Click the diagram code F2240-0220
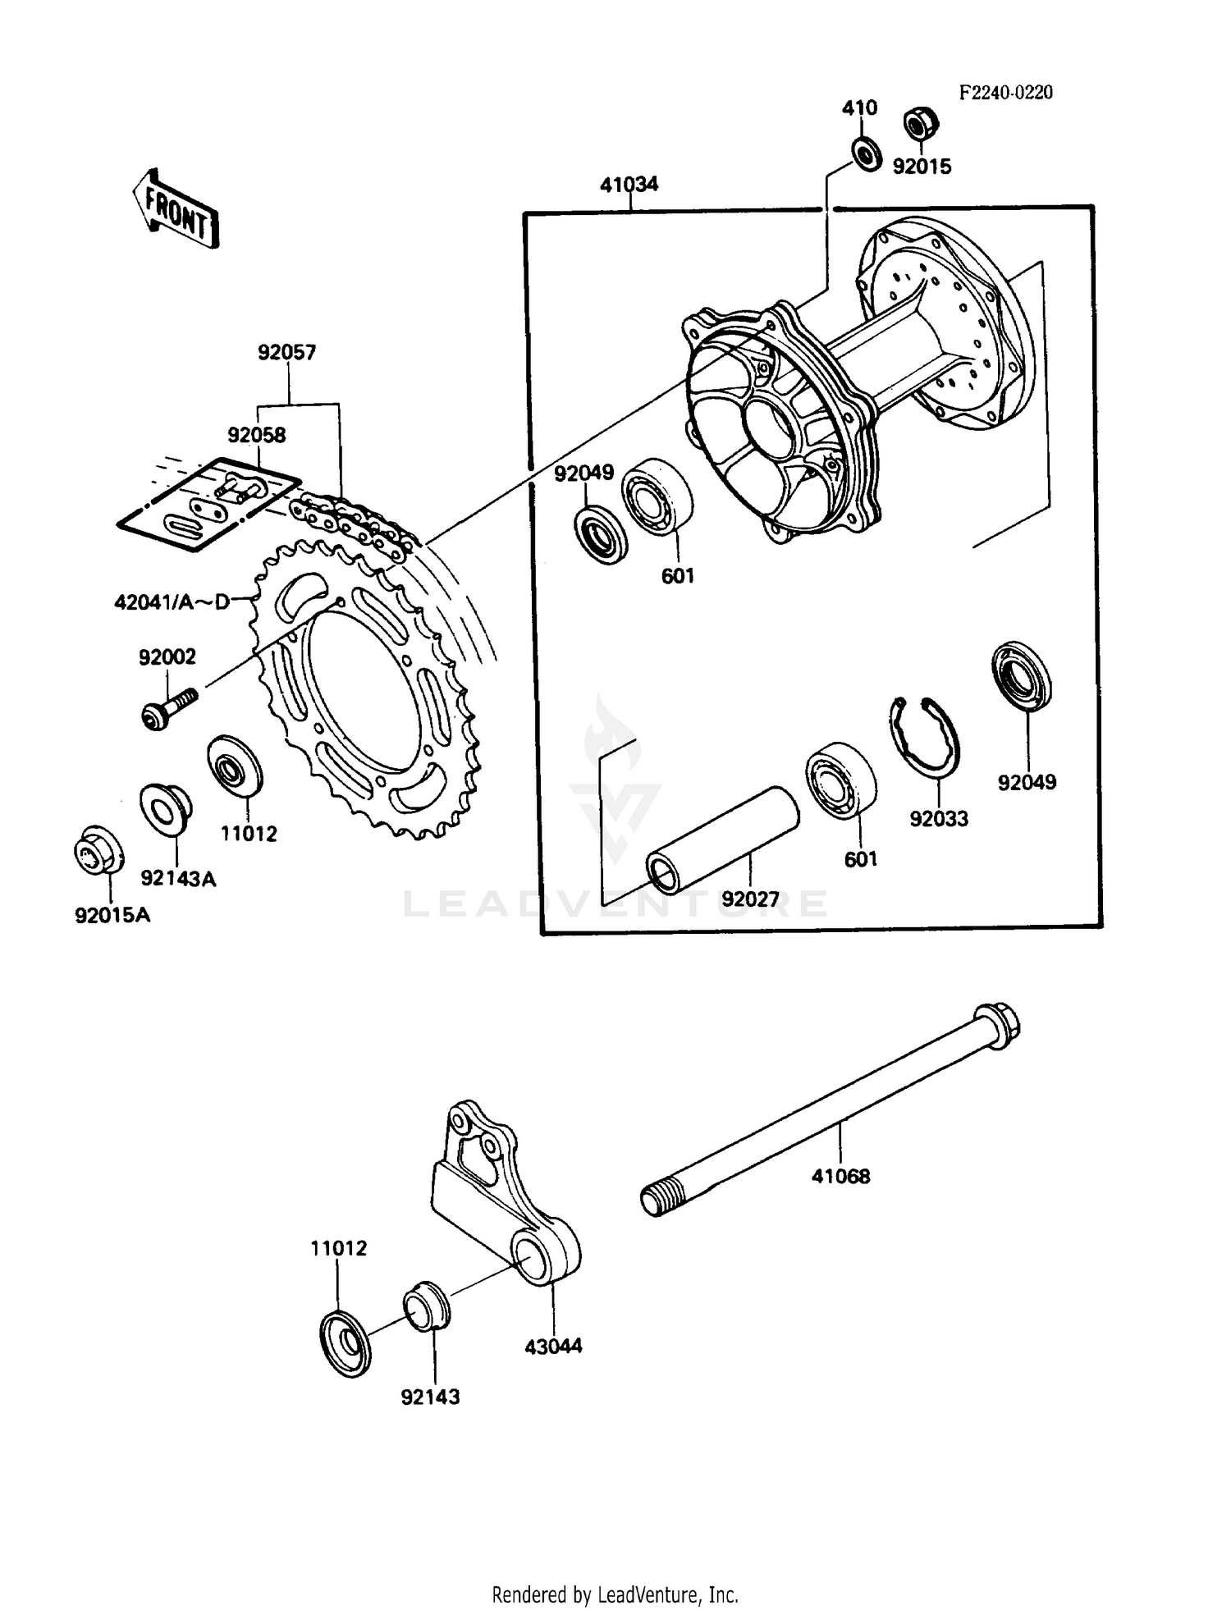(1005, 92)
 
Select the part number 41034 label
(629, 185)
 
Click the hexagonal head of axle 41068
(996, 1027)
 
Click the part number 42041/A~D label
(172, 603)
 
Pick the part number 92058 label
(257, 436)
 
